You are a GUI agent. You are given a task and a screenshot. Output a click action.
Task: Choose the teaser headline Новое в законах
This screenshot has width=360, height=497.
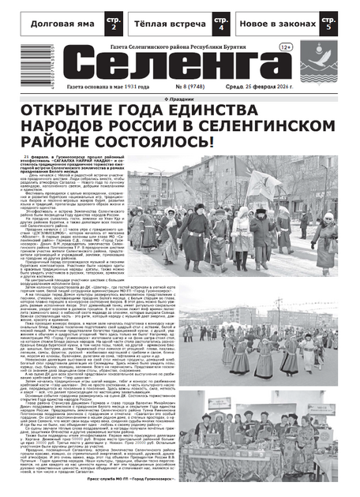tap(280, 24)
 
